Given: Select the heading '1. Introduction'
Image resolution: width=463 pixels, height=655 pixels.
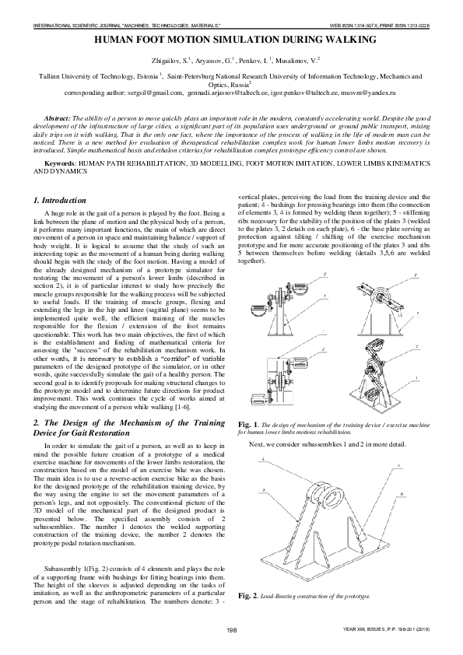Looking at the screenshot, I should point(64,201).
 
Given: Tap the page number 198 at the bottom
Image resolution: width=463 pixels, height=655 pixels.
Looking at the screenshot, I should point(231,629).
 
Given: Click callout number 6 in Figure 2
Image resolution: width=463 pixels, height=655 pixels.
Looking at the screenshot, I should point(401,493).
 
